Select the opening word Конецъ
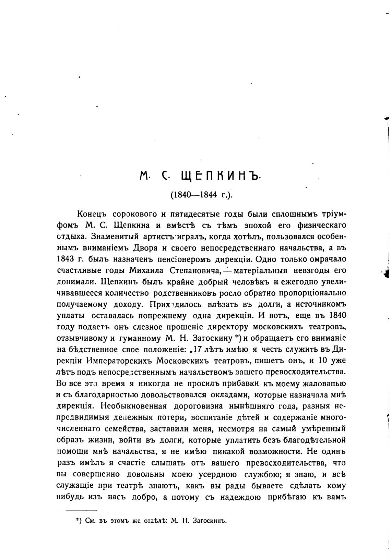pos(92,215)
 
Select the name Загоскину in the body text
pos(212,338)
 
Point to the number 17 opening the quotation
pos(197,350)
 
